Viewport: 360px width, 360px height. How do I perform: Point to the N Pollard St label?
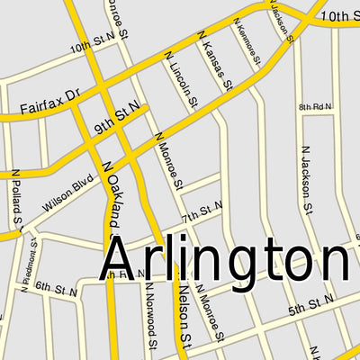(16, 196)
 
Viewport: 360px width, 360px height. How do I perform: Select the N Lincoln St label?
(181, 82)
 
